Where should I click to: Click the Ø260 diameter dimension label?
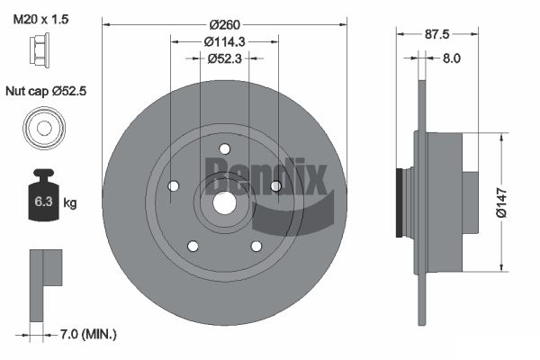tap(224, 25)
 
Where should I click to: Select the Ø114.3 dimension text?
tap(224, 41)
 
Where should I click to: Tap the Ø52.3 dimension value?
tap(224, 58)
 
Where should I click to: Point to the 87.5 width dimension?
tap(437, 34)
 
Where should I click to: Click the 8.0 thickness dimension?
tap(451, 58)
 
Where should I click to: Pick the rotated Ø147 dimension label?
tap(502, 202)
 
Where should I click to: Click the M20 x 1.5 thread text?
tap(40, 19)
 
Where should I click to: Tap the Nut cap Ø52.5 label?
tap(46, 91)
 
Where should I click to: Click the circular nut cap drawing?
tap(44, 128)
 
